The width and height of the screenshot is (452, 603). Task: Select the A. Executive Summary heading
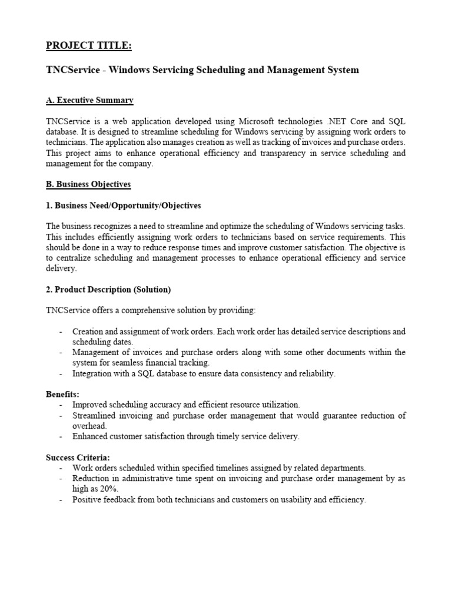tap(89, 101)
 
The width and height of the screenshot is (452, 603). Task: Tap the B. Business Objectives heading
tap(88, 184)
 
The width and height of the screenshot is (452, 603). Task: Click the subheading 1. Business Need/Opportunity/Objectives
tap(123, 206)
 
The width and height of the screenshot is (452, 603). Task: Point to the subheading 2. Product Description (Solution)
tap(108, 289)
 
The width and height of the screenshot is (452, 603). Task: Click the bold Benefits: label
tap(62, 394)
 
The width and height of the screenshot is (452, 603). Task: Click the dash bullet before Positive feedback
tap(61, 499)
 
